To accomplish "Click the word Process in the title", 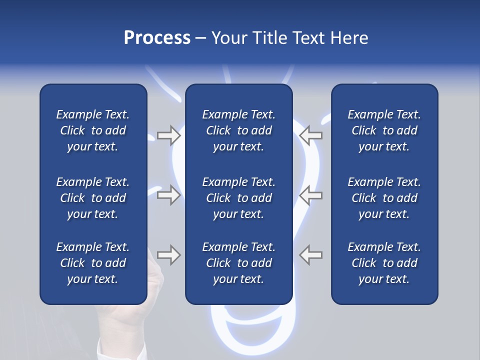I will [x=157, y=38].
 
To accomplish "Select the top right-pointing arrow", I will [x=168, y=135].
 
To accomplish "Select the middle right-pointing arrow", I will [x=168, y=195].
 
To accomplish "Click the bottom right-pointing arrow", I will [x=168, y=255].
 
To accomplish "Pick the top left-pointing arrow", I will [x=311, y=135].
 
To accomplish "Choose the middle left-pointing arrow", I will [x=311, y=195].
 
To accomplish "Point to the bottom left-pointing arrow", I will [x=311, y=255].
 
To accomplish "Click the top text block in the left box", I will [x=93, y=130].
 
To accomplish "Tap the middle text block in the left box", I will [x=93, y=198].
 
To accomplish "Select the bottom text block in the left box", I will [x=93, y=263].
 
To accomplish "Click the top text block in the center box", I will [x=238, y=130].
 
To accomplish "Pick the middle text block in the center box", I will [x=238, y=198].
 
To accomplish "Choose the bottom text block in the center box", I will [x=238, y=263].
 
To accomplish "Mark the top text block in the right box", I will [x=384, y=130].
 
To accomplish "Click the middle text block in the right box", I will [x=384, y=198].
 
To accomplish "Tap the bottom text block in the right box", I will [x=384, y=263].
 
